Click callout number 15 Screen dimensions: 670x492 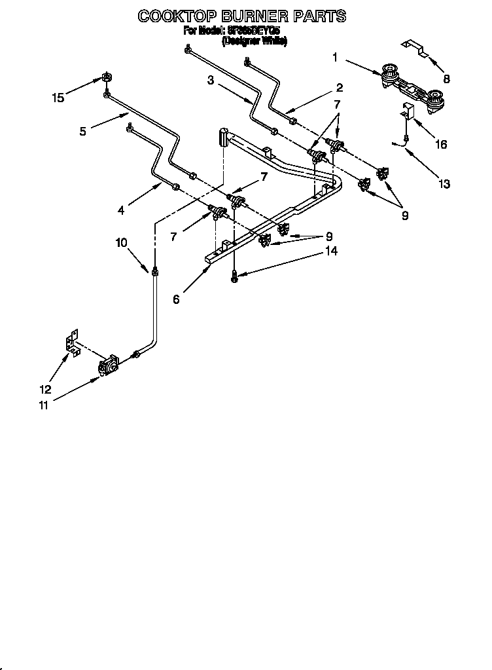(x=58, y=98)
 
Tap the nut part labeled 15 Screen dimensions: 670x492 (x=105, y=78)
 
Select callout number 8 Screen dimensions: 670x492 (x=446, y=79)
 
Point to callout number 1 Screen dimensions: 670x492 (x=335, y=58)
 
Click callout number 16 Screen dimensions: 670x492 (x=441, y=144)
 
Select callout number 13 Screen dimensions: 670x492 (x=445, y=184)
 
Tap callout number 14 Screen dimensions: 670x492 (x=332, y=250)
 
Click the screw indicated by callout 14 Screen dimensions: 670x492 (x=234, y=276)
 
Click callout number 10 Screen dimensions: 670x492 (x=122, y=243)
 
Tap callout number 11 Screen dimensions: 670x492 (x=43, y=405)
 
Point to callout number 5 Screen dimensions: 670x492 (x=83, y=131)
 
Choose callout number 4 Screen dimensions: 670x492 (x=122, y=210)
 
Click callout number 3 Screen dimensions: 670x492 (x=211, y=81)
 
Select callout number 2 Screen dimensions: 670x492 (x=340, y=88)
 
